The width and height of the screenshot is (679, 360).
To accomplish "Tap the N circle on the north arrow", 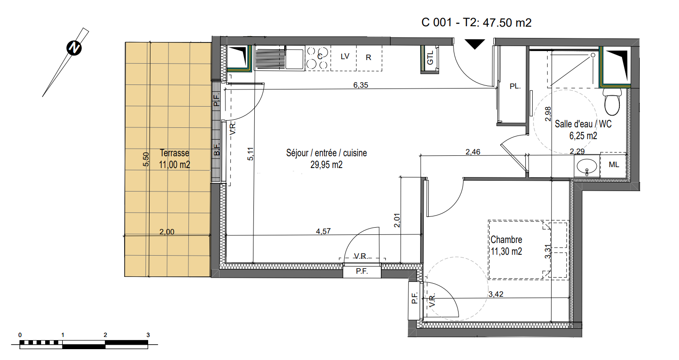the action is (x=74, y=48).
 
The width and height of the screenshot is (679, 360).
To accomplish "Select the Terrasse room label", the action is (x=174, y=153).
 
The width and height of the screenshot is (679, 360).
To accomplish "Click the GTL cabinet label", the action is (x=430, y=57).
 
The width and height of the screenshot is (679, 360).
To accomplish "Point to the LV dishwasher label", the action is (x=345, y=56).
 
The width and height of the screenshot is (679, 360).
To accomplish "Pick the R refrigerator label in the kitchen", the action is (x=369, y=57).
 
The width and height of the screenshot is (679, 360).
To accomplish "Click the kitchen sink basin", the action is (x=294, y=59).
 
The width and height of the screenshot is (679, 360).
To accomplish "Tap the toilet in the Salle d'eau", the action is (x=612, y=102).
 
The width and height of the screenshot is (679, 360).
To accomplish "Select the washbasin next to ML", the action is (x=586, y=167).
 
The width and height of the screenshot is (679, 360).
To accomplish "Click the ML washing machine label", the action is (x=614, y=165).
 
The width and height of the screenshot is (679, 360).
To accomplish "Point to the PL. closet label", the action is (x=515, y=86).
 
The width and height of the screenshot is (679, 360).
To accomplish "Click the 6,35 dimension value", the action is (x=361, y=85).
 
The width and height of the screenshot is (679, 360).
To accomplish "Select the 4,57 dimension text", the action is (x=323, y=231).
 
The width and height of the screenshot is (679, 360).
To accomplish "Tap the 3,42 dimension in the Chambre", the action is (x=496, y=294).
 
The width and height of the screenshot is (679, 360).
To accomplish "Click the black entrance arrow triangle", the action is (x=475, y=44).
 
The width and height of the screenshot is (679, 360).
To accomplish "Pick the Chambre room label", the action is (x=506, y=240).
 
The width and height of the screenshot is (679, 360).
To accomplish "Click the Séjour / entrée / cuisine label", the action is (x=327, y=153).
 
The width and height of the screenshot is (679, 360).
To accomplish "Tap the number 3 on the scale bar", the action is (x=148, y=335).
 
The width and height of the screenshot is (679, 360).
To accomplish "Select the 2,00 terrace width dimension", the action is (x=167, y=232).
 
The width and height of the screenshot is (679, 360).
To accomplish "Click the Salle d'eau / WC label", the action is (x=583, y=124).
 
